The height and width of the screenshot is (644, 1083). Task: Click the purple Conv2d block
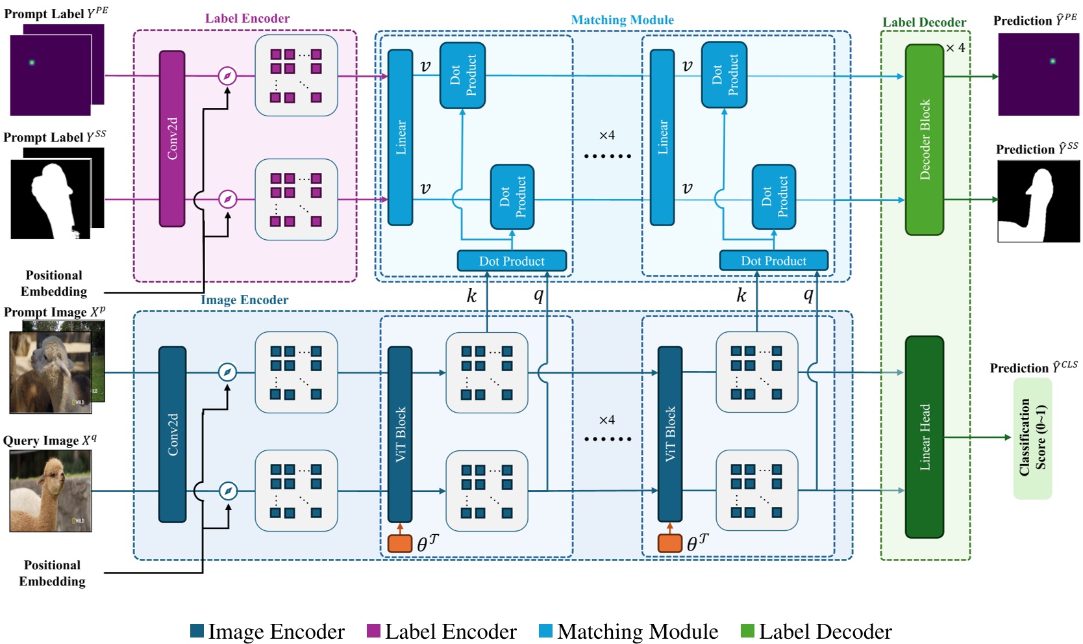tap(172, 138)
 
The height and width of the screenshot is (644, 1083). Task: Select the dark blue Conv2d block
tap(172, 434)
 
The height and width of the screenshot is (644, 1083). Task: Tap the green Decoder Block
tap(924, 139)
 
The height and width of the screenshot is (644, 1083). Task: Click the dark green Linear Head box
tap(924, 437)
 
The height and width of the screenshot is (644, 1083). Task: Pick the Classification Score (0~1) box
tap(1032, 438)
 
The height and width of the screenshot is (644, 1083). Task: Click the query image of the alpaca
tap(51, 491)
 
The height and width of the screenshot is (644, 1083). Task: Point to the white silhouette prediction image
tap(1038, 201)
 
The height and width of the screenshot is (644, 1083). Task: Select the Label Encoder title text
tap(247, 18)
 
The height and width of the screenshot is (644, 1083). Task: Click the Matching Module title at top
tap(622, 19)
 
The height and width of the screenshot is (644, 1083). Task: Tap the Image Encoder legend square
tap(197, 630)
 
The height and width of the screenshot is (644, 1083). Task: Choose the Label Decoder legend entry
tap(816, 632)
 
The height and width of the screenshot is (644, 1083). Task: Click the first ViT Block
tap(400, 434)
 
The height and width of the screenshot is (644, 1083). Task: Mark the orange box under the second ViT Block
tap(669, 543)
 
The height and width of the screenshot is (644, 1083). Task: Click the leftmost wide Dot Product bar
tap(512, 261)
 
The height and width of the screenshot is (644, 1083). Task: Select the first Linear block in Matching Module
tap(400, 137)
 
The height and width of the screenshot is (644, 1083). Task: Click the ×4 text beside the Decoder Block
tap(955, 48)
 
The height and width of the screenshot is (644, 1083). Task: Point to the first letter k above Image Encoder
tap(471, 296)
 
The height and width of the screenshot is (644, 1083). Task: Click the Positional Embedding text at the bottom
tap(52, 573)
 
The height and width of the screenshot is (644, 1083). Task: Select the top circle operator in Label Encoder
tap(227, 76)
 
